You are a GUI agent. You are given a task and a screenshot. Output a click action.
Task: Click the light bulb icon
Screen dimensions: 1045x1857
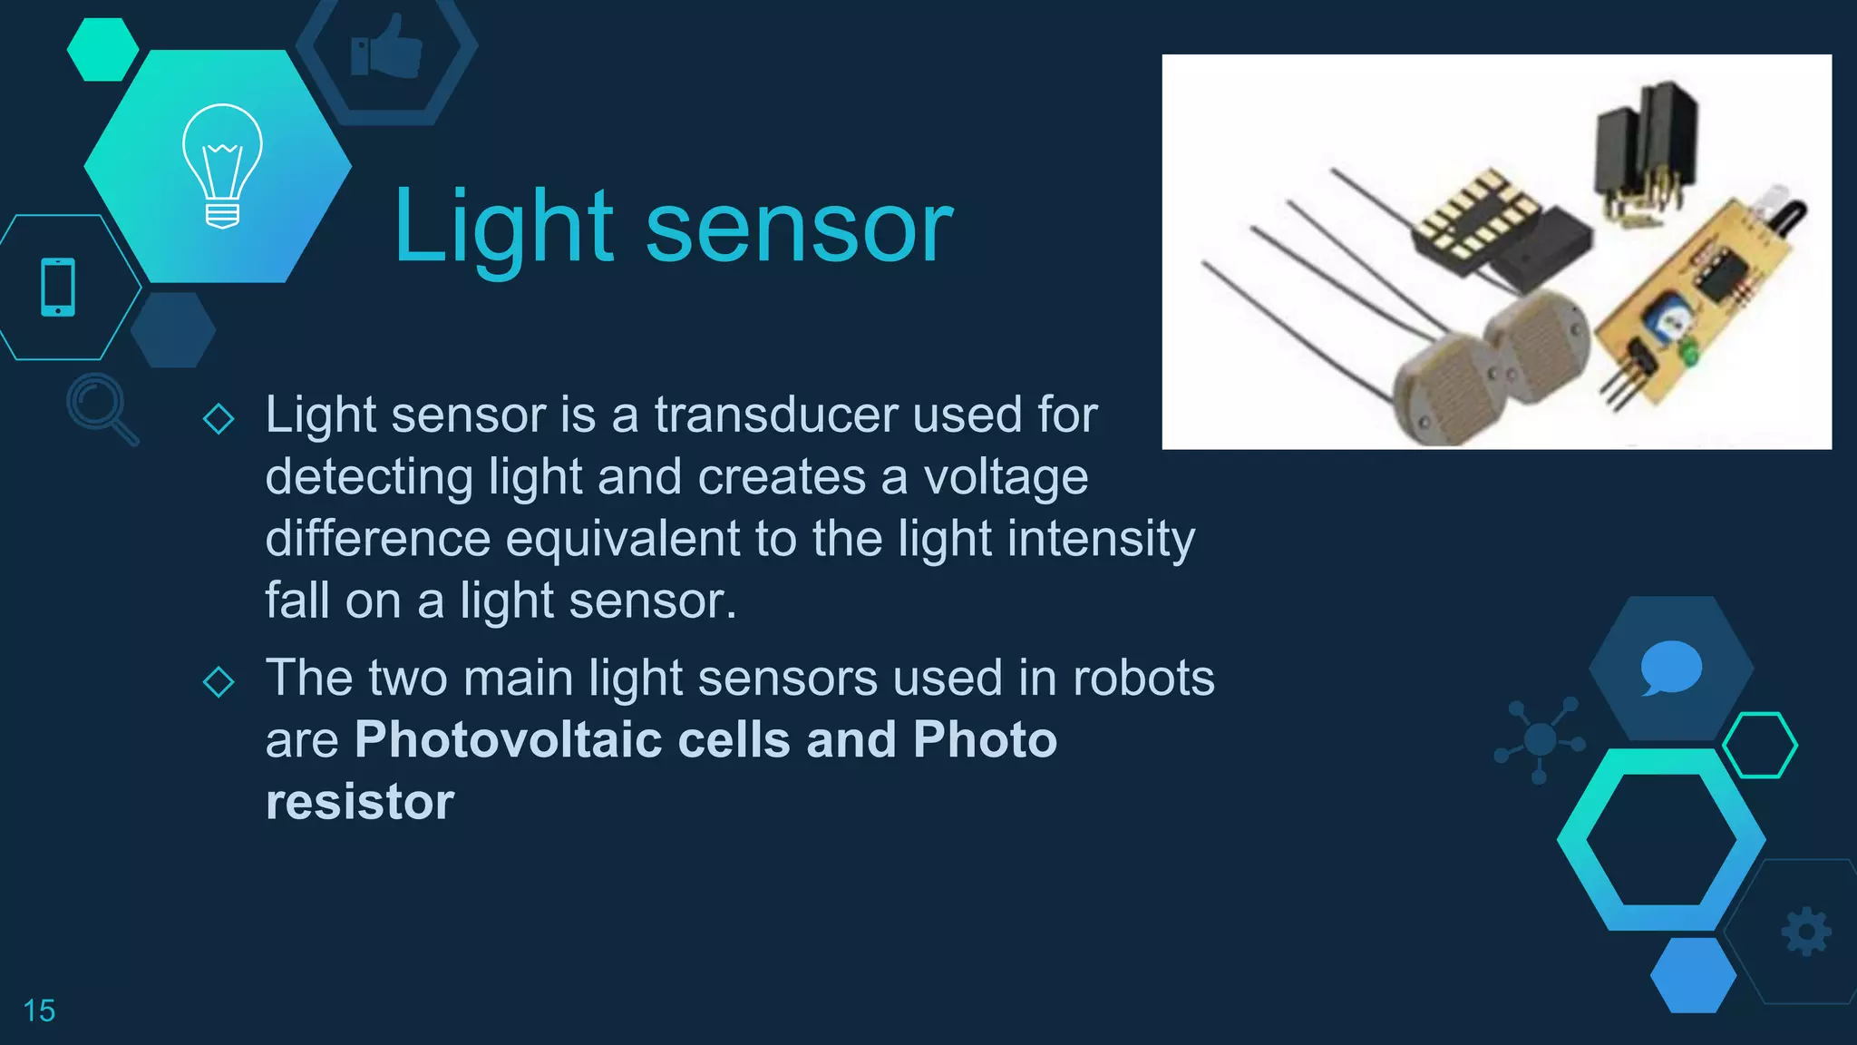[x=222, y=165]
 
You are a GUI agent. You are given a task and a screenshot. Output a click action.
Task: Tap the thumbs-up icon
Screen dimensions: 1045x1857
[x=387, y=47]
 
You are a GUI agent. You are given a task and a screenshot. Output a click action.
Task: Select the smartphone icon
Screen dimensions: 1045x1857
[x=58, y=288]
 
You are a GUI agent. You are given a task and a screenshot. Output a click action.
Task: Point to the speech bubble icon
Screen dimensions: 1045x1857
[x=1671, y=668]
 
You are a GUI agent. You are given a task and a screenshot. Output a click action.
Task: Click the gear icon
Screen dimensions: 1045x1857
[x=1806, y=932]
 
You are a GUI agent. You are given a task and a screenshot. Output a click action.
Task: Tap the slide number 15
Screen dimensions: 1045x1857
[x=39, y=1011]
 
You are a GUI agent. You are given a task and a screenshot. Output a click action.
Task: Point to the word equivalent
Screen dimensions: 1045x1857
[x=622, y=539]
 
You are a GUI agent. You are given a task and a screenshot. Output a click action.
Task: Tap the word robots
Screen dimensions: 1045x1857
[x=1143, y=678]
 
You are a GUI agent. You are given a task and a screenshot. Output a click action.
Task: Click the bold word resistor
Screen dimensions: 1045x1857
[x=360, y=802]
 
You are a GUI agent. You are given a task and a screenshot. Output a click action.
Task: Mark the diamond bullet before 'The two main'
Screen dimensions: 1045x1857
[x=219, y=681]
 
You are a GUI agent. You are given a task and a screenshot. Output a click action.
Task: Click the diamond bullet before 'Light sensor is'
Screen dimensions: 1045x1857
[x=219, y=419]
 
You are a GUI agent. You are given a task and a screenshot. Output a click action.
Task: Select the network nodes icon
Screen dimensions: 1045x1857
[x=1540, y=739]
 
